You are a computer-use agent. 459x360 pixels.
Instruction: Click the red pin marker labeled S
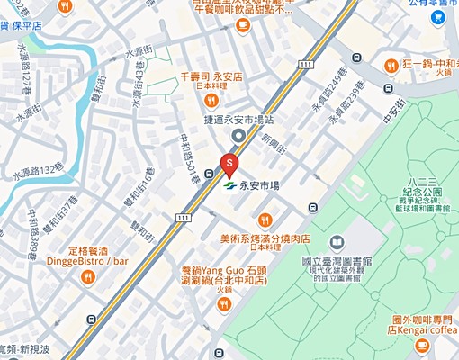229,164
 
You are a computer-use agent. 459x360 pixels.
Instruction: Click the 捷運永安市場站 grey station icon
238,136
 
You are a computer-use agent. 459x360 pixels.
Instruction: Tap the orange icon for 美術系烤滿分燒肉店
265,220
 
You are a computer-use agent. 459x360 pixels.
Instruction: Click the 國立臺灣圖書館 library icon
337,242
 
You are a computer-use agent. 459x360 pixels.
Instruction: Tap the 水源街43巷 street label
138,88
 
